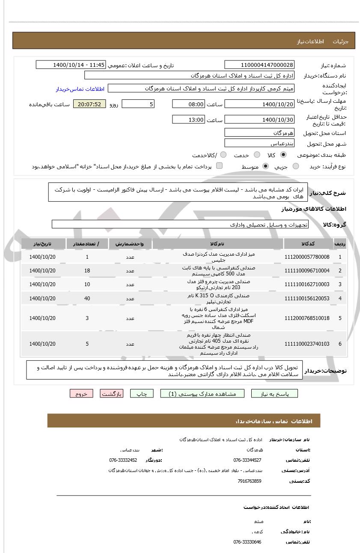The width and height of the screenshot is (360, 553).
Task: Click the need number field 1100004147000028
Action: click(x=259, y=65)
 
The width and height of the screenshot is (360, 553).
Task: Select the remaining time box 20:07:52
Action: click(x=89, y=104)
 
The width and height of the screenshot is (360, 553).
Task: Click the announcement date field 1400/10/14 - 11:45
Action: click(x=70, y=65)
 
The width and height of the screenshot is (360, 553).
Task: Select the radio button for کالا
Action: click(x=283, y=155)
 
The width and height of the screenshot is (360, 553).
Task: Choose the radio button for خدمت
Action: click(x=257, y=155)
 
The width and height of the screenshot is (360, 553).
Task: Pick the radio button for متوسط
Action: click(x=265, y=166)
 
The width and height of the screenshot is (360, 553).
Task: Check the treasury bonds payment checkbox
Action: click(x=219, y=166)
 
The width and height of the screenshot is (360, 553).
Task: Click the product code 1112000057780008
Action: click(x=307, y=257)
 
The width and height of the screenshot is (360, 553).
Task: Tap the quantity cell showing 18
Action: click(x=87, y=271)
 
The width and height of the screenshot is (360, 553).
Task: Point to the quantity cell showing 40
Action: click(x=87, y=299)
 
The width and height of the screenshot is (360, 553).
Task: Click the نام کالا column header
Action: click(x=217, y=244)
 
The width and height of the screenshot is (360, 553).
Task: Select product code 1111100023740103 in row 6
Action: click(x=307, y=344)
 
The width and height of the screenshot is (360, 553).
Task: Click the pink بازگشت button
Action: click(x=111, y=394)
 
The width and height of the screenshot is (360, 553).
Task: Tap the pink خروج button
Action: click(x=81, y=394)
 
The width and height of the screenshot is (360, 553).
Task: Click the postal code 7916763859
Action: click(x=249, y=481)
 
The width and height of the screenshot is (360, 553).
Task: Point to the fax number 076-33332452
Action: click(x=123, y=460)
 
